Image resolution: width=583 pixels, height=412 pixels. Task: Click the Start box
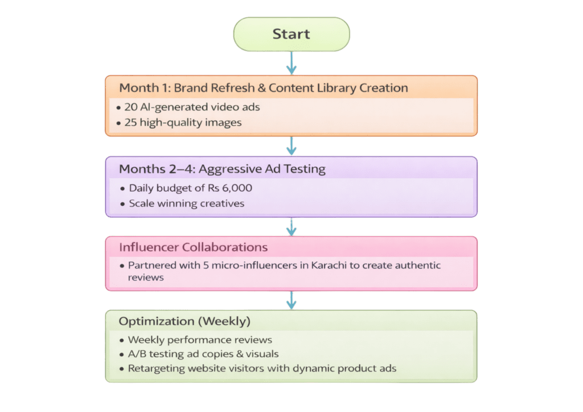coord(291,34)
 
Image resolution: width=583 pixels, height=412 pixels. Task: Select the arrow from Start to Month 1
coord(291,64)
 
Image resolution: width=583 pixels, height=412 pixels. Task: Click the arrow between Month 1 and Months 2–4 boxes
coord(291,146)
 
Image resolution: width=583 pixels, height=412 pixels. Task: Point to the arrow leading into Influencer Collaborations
coord(291,226)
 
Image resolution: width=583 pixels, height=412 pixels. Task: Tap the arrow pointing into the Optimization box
coord(291,300)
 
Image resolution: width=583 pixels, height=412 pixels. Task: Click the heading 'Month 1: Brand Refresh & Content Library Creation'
coord(263,88)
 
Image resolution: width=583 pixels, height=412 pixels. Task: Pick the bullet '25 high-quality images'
coord(183,122)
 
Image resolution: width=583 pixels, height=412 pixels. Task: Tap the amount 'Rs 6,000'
coord(232,188)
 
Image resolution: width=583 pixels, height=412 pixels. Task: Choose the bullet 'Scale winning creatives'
coord(187,203)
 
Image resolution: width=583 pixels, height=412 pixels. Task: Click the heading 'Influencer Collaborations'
coord(193,248)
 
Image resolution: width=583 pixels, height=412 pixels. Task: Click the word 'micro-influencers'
coord(254,266)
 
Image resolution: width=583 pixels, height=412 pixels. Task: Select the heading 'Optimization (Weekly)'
coord(184,322)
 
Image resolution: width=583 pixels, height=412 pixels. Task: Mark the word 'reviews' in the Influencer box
coord(146,277)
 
